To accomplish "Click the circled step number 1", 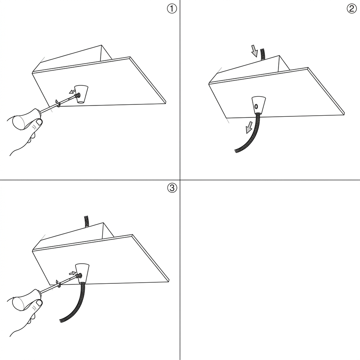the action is (172, 9).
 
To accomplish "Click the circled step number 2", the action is (352, 9).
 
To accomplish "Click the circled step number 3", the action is (172, 188).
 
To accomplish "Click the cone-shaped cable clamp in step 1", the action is (82, 94).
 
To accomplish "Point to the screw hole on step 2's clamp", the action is (256, 106).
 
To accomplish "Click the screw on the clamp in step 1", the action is (78, 95).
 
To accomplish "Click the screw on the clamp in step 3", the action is (79, 275).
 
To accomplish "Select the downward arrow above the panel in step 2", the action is (254, 51).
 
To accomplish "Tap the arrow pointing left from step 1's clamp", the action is (72, 92).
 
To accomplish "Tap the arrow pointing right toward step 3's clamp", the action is (73, 273).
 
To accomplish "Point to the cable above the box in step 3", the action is (87, 222).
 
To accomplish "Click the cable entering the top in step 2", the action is (262, 55).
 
